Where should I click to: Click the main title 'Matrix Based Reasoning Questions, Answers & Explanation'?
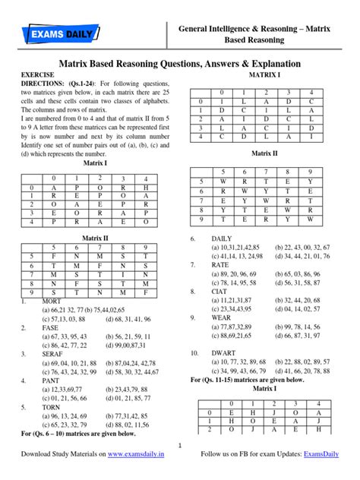[180, 64]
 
